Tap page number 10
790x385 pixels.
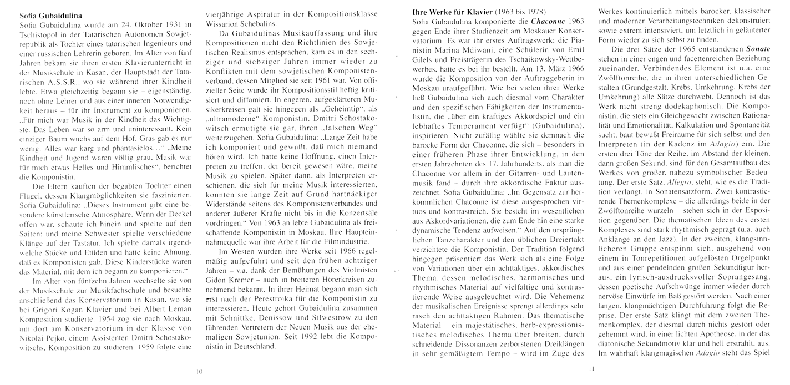click(200, 371)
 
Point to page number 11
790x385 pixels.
click(591, 368)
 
